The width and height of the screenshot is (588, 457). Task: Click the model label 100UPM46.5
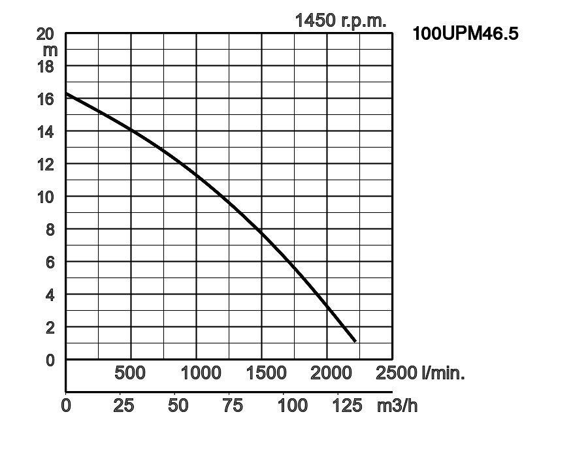tap(465, 33)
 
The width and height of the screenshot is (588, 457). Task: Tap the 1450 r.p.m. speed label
tap(340, 20)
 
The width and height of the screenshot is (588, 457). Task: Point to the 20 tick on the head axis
tap(46, 34)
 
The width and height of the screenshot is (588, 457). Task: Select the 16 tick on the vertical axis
tap(46, 99)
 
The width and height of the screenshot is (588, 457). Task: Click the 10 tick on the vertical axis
tap(46, 197)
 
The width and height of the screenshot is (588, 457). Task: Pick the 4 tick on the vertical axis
tap(50, 295)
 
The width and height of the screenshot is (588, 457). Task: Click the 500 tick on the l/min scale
tap(130, 373)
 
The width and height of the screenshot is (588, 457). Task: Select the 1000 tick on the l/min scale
tap(201, 373)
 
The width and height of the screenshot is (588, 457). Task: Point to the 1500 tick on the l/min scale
tap(266, 373)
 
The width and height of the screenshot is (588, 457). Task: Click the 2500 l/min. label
tap(420, 373)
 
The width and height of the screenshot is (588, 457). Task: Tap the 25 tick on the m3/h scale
tap(123, 405)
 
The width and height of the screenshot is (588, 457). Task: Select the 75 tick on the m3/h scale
tap(233, 405)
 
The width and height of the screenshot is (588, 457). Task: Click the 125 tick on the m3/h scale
tap(347, 405)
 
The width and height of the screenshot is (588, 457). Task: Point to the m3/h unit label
tap(397, 405)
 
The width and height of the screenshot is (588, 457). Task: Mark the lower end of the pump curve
tap(355, 341)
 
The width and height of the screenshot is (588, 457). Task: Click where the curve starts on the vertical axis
tap(67, 94)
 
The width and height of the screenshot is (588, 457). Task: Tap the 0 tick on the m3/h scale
tap(66, 405)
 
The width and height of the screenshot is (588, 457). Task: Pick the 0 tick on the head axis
tap(50, 360)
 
